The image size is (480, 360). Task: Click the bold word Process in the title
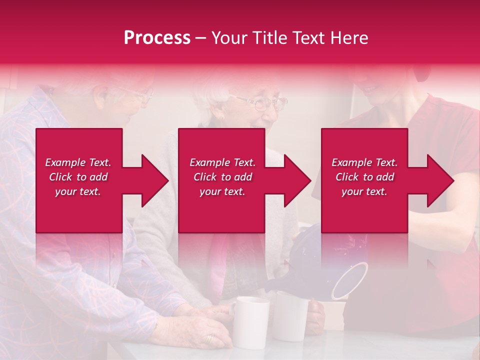(157, 38)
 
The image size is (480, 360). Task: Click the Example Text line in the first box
(78, 162)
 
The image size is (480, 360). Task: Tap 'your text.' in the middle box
(222, 191)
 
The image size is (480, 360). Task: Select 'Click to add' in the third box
(364, 177)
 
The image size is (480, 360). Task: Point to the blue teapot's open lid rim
(350, 280)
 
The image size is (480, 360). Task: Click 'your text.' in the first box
(78, 191)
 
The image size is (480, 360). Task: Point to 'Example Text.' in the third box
(364, 162)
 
